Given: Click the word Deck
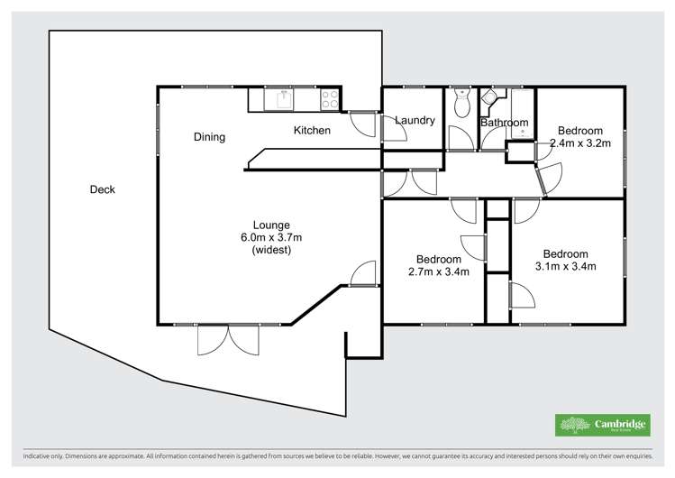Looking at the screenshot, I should click(103, 189).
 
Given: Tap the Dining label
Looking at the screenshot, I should click(209, 137).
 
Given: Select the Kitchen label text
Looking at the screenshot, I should click(312, 131).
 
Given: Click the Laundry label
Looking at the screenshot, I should click(415, 120).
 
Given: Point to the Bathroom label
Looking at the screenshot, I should click(504, 123).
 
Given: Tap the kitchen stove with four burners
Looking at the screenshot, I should click(331, 98).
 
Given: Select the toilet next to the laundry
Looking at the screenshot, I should click(461, 105).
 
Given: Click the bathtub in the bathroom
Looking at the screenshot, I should click(523, 112).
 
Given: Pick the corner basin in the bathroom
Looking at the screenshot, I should click(490, 98).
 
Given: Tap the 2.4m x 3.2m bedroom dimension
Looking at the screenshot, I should click(580, 142).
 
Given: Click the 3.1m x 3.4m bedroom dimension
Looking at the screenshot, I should click(565, 266).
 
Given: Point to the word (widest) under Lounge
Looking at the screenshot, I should click(271, 250).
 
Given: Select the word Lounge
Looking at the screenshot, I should click(271, 225).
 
